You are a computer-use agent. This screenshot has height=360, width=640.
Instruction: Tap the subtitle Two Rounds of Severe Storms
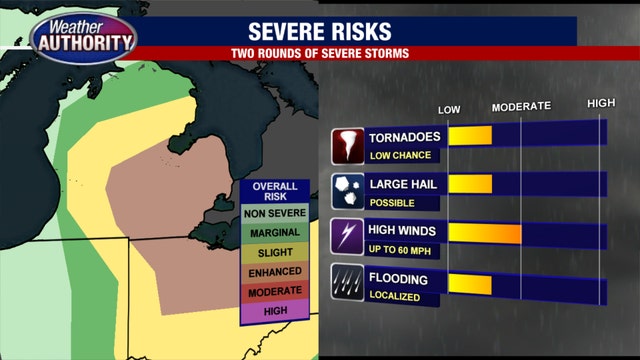(359, 52)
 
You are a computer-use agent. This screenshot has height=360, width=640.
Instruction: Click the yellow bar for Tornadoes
(470, 136)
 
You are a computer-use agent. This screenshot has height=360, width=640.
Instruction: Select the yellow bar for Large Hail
(470, 184)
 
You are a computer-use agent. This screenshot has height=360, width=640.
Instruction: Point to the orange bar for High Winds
(484, 233)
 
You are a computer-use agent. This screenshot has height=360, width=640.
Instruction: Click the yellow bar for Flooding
(470, 283)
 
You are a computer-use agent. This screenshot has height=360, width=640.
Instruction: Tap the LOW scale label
(451, 107)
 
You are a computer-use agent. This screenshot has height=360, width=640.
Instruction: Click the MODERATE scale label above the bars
(521, 106)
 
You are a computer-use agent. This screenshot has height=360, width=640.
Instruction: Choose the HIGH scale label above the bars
(600, 104)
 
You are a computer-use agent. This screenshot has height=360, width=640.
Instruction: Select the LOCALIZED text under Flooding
(393, 296)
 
